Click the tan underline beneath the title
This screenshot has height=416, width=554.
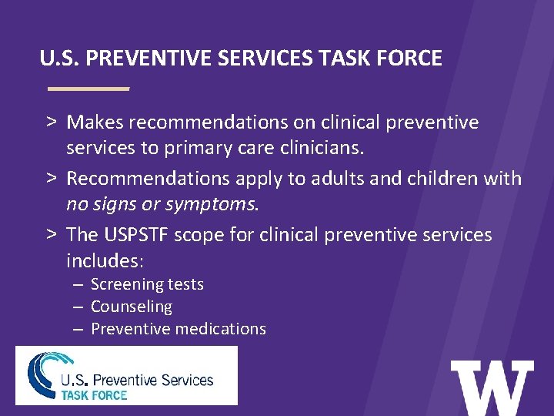point(88,89)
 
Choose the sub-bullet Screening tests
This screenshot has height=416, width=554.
point(147,284)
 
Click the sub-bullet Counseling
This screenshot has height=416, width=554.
point(132,307)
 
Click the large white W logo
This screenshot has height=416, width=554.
point(492,388)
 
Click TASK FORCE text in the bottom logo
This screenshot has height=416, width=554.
point(94,394)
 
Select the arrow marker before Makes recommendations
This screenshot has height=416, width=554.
point(49,122)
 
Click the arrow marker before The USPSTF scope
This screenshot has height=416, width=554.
point(49,235)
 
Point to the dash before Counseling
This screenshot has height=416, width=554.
point(78,307)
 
